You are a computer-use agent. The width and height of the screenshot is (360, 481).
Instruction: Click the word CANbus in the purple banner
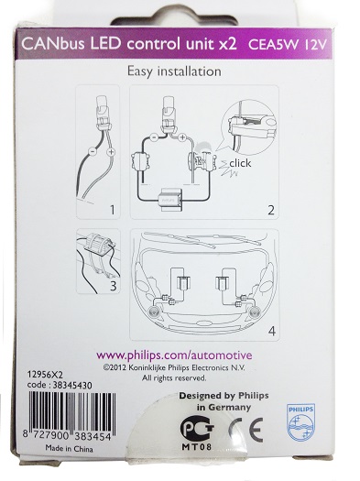point(53,44)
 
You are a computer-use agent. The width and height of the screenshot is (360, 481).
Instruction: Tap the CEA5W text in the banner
point(273,45)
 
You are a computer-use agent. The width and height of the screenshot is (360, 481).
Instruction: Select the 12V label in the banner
point(314,45)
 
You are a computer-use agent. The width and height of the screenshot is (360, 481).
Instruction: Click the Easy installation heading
point(174,71)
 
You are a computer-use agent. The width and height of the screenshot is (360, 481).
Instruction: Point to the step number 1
point(113,210)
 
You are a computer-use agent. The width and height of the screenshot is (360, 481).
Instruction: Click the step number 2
point(271,211)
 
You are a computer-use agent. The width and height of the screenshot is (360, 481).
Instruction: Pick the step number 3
point(114,286)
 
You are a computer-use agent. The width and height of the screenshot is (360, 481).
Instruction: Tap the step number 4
point(272,332)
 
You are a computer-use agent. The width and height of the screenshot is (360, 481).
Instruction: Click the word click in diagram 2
point(240,163)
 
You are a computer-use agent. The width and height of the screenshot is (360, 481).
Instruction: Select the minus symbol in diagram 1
point(92,151)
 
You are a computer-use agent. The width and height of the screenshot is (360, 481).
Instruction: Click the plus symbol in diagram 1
point(111,152)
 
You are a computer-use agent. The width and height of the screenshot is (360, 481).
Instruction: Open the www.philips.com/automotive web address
point(174,355)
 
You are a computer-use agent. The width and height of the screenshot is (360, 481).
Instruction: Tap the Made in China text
point(69,449)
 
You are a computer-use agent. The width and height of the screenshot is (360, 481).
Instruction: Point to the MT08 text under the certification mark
point(197,447)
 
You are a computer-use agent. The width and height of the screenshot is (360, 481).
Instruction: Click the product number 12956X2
point(45,375)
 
